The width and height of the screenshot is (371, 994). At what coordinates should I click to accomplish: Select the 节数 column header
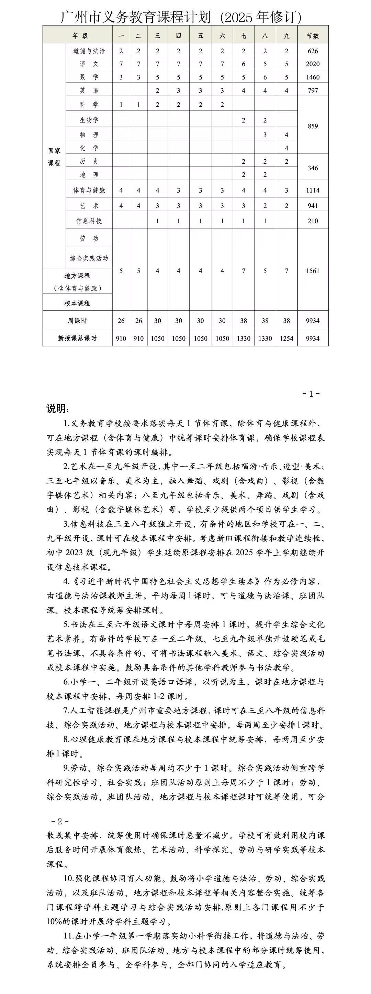coord(313,36)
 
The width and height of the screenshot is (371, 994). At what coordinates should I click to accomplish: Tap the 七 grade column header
coord(244,36)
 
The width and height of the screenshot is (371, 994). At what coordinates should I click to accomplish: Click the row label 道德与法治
coord(89,51)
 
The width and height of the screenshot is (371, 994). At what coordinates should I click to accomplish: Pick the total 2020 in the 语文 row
coord(313,64)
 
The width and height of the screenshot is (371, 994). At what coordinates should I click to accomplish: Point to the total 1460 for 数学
coord(313,77)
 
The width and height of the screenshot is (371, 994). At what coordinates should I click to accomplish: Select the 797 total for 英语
coord(313,90)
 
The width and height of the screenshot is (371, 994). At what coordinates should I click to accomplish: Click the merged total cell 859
coord(313,126)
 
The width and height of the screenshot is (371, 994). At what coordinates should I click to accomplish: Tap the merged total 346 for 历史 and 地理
coord(313,168)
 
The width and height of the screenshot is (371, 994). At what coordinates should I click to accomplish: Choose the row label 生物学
coord(89,120)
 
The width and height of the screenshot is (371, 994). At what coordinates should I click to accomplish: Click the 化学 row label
coord(89,148)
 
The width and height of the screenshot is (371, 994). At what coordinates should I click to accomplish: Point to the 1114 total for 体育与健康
coord(313,190)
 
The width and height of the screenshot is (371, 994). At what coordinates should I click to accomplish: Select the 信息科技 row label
coord(89,221)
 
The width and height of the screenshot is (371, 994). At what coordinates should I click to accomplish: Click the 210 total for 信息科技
coord(313,221)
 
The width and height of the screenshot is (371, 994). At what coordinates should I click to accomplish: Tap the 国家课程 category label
coord(54,157)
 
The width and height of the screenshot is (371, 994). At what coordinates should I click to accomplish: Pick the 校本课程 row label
coord(77,303)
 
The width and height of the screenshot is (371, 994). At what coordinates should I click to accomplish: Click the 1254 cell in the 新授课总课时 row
coord(286,339)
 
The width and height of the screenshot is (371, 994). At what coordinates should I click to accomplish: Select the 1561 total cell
coord(313,271)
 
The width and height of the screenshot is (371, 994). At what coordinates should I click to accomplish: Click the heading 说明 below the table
coord(58,409)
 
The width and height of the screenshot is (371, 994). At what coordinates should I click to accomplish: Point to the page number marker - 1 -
coord(311,394)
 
